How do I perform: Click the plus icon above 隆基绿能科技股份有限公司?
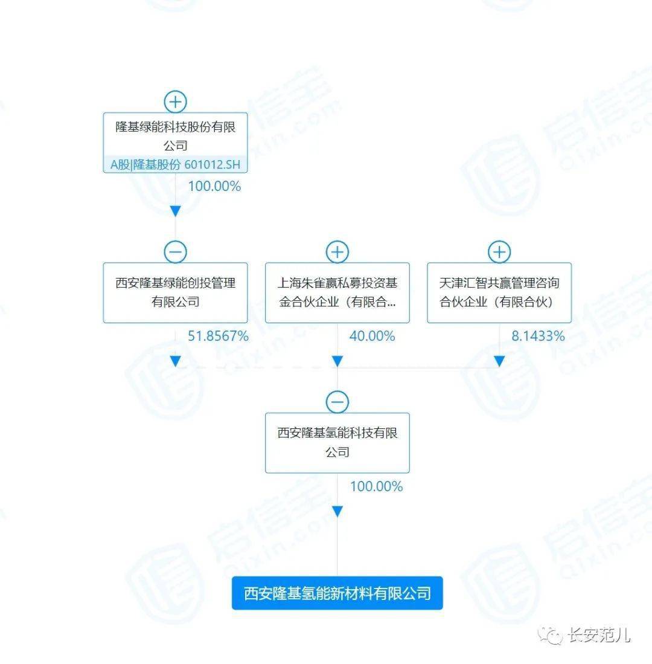click(175, 102)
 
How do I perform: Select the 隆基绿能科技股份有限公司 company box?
click(175, 143)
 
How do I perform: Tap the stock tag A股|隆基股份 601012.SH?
click(175, 164)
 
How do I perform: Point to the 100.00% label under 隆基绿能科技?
click(214, 186)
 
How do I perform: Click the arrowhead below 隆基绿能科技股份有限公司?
click(175, 211)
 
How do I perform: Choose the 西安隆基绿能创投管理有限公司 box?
click(175, 292)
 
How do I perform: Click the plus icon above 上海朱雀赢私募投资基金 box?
click(337, 252)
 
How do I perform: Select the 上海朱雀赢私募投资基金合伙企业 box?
click(337, 292)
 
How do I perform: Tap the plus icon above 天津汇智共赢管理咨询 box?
click(499, 252)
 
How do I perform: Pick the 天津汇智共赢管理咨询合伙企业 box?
click(499, 292)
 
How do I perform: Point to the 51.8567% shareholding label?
click(218, 337)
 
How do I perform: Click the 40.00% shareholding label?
click(372, 337)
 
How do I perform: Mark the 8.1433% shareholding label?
click(538, 337)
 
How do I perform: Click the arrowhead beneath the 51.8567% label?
click(175, 361)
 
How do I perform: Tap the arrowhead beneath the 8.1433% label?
click(499, 361)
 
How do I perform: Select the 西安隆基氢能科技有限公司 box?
click(337, 443)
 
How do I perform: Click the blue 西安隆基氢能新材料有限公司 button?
click(337, 593)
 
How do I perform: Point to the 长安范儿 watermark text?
click(599, 635)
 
